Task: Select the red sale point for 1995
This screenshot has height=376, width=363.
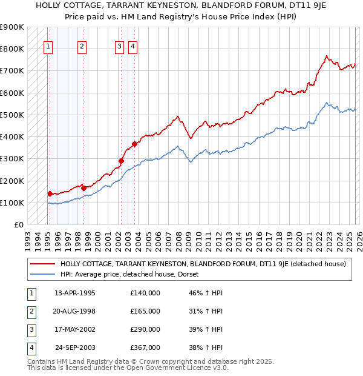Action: click(50, 193)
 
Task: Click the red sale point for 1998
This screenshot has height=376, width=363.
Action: click(83, 188)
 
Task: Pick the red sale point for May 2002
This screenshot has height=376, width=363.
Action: click(121, 161)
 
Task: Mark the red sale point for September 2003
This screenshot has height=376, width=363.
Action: click(135, 144)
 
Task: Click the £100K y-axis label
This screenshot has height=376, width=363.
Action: click(12, 203)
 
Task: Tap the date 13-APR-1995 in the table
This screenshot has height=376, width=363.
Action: click(75, 293)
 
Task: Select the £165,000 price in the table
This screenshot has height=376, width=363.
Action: click(145, 311)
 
